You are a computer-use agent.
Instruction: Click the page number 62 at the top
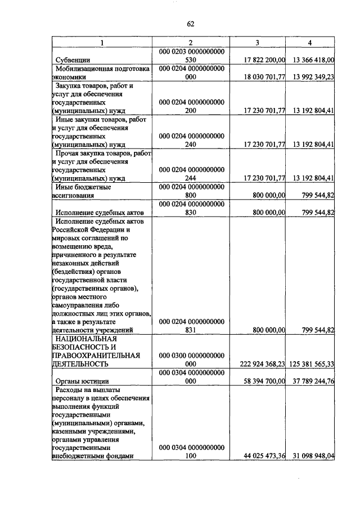click(190, 24)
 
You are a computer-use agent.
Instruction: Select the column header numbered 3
click(258, 43)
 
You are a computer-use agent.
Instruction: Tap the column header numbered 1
click(102, 43)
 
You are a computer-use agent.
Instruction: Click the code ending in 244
click(190, 178)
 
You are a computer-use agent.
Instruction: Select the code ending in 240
click(190, 145)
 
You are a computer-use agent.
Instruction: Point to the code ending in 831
click(190, 330)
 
